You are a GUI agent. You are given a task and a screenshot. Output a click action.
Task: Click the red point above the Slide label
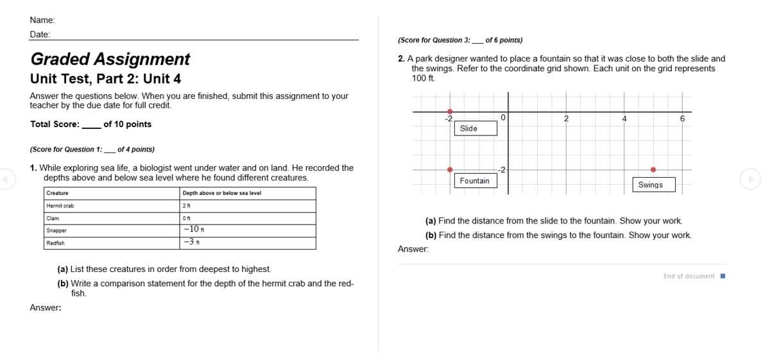click(450, 112)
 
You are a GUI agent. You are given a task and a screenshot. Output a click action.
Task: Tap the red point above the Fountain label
click(450, 169)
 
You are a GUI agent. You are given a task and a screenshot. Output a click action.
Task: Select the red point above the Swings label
click(653, 169)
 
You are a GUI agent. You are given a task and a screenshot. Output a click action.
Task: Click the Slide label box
click(475, 128)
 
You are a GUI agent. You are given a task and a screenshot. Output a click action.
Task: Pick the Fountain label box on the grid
click(475, 180)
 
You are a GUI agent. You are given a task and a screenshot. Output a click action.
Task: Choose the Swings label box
click(654, 185)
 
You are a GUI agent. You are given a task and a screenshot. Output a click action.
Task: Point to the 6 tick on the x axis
click(682, 119)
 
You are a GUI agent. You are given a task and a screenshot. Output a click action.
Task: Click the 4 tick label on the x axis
click(624, 119)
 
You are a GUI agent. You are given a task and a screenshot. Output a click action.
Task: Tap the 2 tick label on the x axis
click(566, 119)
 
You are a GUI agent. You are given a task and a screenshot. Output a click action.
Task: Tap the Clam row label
click(53, 218)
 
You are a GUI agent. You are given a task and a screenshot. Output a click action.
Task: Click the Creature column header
click(57, 193)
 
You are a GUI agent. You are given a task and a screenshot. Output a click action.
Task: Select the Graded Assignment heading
click(110, 59)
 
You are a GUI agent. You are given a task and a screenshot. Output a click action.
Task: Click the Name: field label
click(42, 20)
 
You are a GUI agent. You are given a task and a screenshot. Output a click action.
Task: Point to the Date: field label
click(40, 35)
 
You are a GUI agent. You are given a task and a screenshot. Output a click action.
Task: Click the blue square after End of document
click(723, 276)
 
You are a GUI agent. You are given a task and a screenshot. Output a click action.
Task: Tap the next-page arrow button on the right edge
click(750, 179)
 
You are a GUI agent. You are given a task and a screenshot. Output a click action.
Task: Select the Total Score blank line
click(91, 128)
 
